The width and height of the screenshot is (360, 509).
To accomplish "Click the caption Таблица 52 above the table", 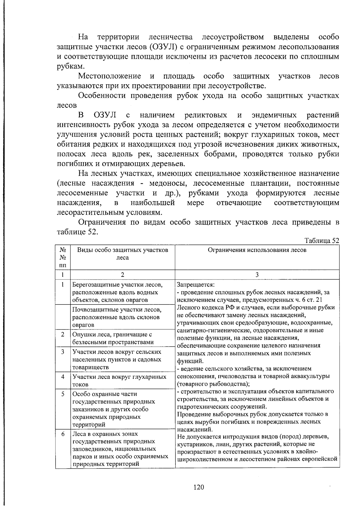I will click(322, 241).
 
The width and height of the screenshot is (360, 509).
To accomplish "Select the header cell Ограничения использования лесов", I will click(257, 250).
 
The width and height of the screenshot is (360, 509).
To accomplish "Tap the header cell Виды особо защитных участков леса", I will click(122, 254).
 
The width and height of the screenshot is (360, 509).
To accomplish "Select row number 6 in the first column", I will click(63, 434).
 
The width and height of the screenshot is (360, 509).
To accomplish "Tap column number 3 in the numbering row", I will click(257, 275).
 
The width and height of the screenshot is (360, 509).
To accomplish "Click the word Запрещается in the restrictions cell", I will click(195, 284).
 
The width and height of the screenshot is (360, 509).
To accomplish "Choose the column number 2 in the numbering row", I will click(122, 275).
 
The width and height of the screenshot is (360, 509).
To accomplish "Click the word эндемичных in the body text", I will click(274, 115).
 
